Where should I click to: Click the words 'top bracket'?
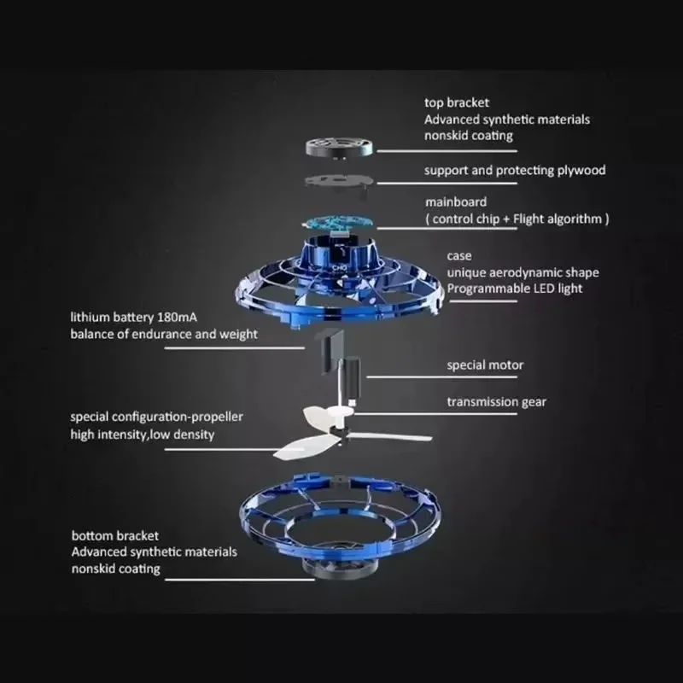coord(457,103)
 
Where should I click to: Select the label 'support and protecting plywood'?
coord(515,170)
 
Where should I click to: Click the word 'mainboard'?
coord(456,202)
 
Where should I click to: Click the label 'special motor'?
coord(485,365)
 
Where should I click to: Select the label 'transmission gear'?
coord(496,401)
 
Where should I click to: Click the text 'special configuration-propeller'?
coord(157,417)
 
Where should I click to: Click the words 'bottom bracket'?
coord(115,535)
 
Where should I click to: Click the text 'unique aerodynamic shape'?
coord(522,272)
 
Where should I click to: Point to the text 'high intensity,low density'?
coord(143,435)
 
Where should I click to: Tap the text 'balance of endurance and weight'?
coord(164,334)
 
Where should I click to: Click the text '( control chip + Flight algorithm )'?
coord(517,219)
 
